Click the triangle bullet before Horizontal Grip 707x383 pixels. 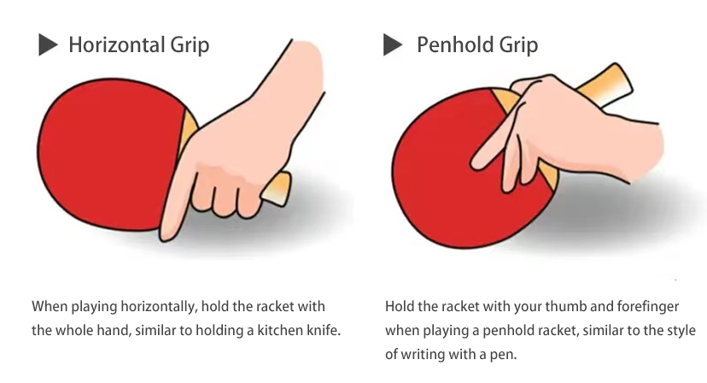click(47, 44)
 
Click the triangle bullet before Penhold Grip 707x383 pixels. click(392, 44)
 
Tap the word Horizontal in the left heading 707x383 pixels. click(117, 44)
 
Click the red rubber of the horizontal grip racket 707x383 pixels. click(108, 154)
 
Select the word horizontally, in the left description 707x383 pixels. click(159, 307)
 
